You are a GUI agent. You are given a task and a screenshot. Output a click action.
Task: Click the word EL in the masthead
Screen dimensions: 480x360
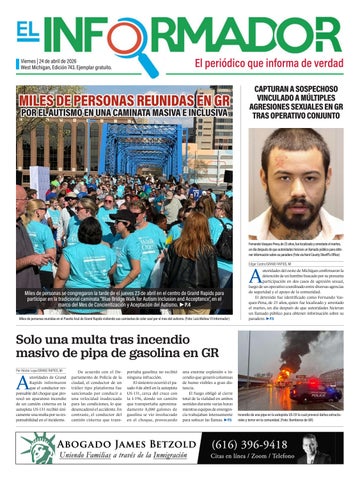28,31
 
